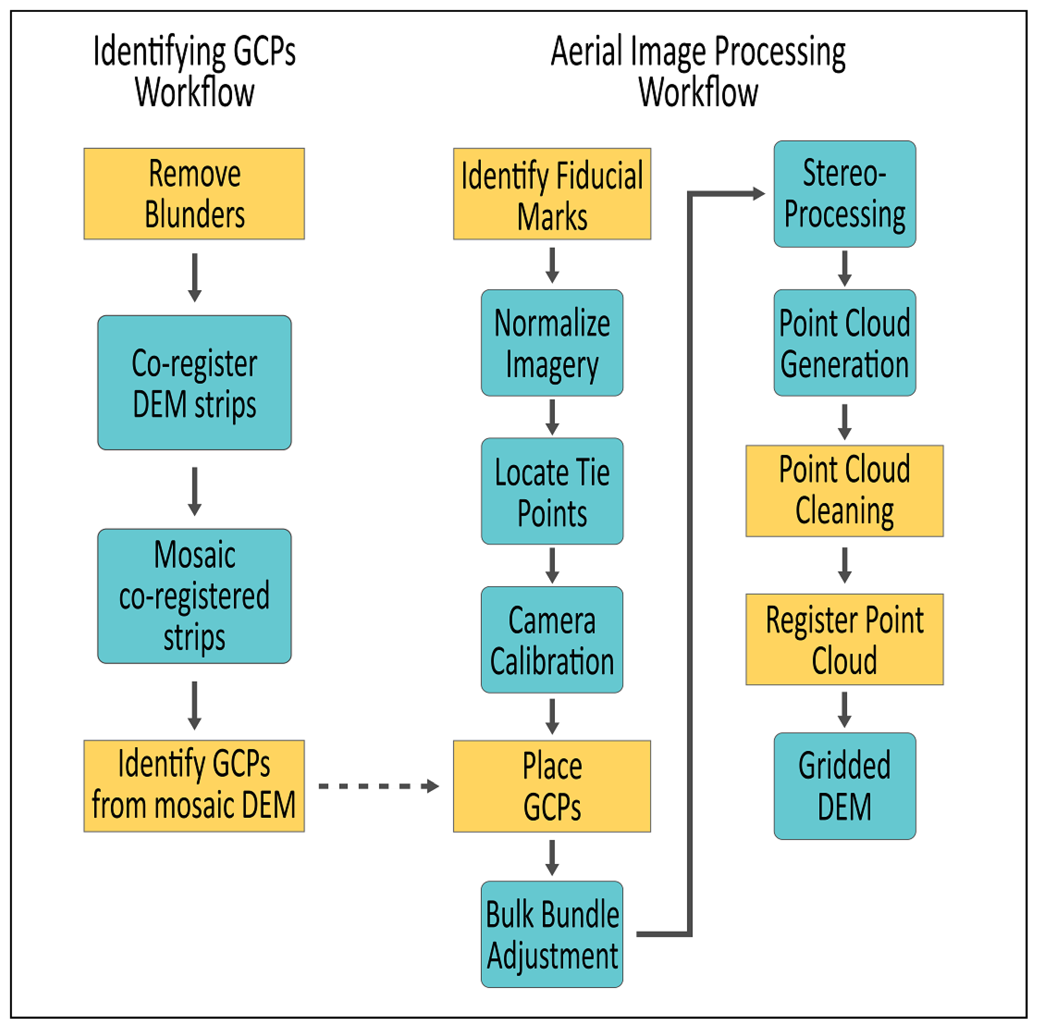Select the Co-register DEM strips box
(x=194, y=382)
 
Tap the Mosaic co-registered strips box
(x=194, y=596)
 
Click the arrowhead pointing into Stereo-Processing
(x=758, y=194)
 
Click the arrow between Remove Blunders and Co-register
(x=195, y=277)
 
